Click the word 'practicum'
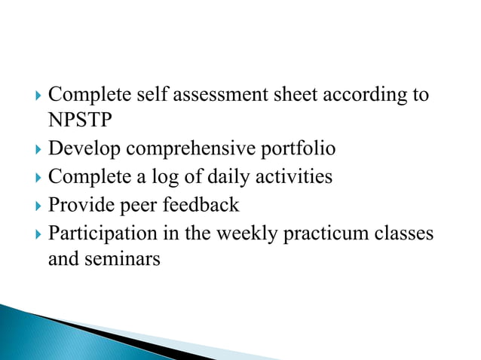(x=327, y=233)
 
